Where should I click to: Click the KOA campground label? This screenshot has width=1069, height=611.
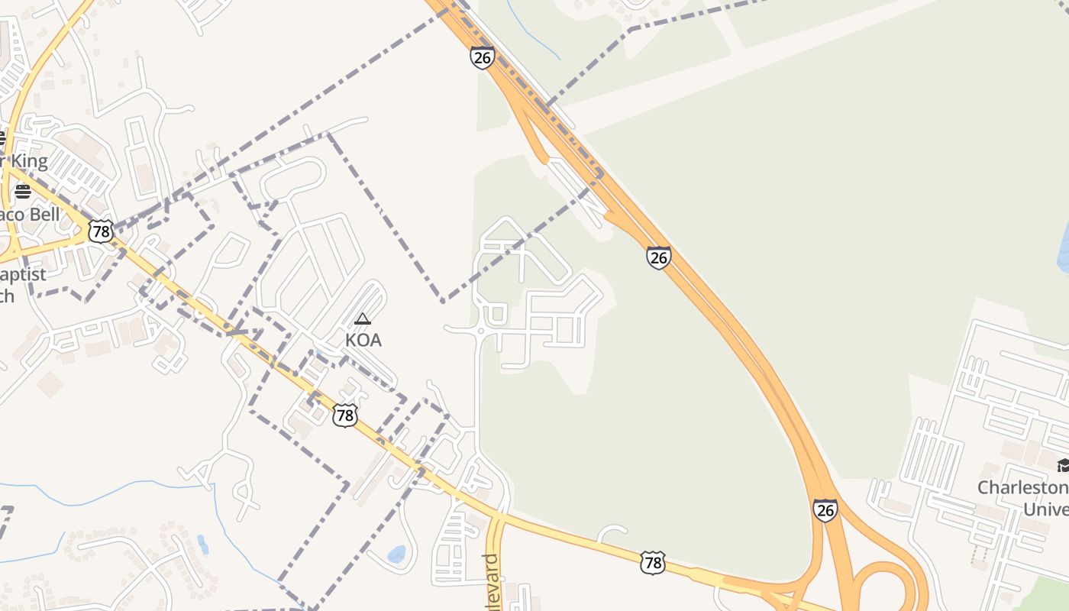pos(363,340)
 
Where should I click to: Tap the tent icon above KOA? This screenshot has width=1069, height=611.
pos(363,318)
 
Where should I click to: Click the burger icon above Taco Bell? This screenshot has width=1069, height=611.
pos(23,192)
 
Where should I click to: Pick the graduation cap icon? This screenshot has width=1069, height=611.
pos(1064,465)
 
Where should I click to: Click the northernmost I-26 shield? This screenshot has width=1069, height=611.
pos(482,57)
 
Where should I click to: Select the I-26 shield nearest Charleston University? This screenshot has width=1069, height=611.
pos(825,510)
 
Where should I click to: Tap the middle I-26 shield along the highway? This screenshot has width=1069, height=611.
pos(658,257)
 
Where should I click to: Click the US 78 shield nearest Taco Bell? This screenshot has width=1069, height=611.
pos(100,231)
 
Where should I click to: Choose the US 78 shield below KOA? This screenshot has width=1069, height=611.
pos(345,415)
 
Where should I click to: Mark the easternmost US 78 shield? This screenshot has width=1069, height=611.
pos(652,563)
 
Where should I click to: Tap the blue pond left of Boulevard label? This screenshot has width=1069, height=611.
pos(396,554)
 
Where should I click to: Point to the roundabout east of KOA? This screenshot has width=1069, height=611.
pos(480,331)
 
